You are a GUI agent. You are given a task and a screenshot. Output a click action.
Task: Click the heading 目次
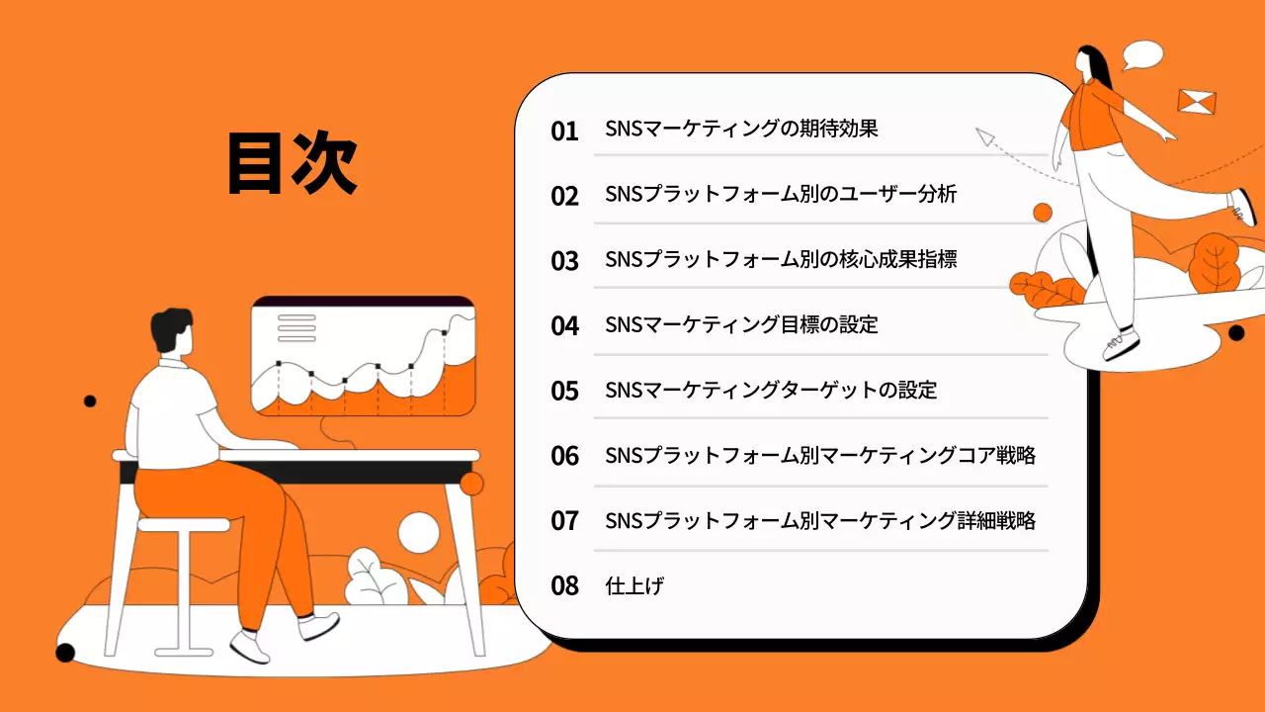point(292,164)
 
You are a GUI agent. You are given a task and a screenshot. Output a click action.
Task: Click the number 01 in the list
point(564,131)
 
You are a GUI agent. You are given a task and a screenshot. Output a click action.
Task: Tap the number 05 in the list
point(564,392)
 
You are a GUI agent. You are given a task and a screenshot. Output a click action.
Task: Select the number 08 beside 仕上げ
point(564,585)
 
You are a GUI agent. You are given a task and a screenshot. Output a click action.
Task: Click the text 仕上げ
point(633,585)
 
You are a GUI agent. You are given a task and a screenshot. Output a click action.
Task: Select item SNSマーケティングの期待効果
point(741,129)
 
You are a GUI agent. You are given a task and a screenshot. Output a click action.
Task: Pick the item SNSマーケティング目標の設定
point(741,324)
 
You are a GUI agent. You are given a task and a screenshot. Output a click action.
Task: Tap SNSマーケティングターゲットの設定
point(771,390)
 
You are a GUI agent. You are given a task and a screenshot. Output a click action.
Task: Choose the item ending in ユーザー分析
point(781,194)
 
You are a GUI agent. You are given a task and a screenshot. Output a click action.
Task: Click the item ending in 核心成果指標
point(781,259)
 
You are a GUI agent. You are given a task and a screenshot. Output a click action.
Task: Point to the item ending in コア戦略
point(820,455)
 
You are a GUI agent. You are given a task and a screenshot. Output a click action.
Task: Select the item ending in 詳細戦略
point(820,520)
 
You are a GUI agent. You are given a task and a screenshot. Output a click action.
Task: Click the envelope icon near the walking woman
point(1197,101)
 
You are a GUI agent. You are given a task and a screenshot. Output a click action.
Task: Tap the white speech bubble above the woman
point(1142,53)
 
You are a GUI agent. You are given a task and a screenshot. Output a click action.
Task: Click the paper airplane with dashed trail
point(985,137)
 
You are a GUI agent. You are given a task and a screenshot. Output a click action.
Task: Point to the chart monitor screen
point(363,356)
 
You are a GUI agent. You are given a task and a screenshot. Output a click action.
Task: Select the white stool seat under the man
point(184,524)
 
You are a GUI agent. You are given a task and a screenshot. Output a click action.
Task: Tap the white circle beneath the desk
point(418,532)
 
